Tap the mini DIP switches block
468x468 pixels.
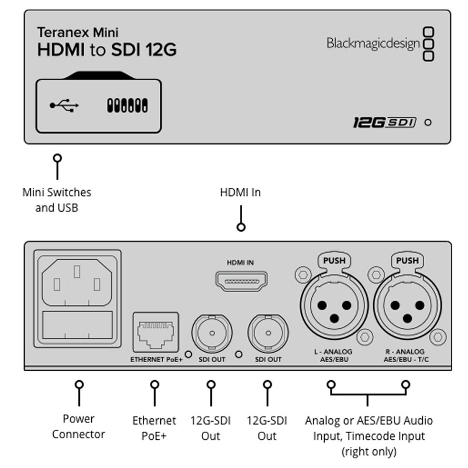127,105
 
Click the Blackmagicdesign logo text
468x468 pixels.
373,43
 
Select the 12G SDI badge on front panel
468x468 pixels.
384,122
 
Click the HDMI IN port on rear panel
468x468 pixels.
240,283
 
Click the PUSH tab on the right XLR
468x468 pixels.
407,260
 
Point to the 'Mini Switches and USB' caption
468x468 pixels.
57,199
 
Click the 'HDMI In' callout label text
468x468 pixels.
240,192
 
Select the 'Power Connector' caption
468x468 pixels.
78,426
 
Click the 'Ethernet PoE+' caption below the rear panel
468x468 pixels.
154,428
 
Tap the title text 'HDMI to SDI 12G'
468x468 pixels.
107,50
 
